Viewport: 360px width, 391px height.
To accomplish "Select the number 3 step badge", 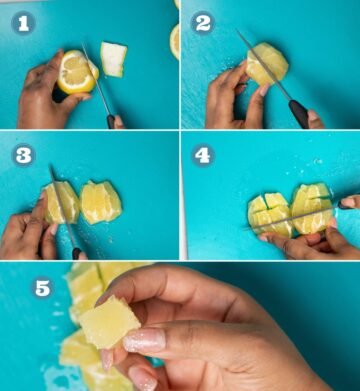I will pos(23,155).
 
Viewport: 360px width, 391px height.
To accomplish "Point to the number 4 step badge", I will pos(203,155).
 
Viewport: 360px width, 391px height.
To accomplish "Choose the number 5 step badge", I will pos(42,288).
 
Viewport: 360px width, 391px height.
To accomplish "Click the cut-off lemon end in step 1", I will pos(114,59).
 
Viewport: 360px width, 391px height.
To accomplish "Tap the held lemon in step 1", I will pos(76,72).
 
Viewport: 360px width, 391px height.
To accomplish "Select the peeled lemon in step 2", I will pos(267,65).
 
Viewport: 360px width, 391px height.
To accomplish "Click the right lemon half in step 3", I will pos(101,202).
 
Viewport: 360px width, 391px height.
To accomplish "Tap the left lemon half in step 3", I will pos(62,203).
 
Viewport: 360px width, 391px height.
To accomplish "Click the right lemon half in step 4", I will pos(311,207).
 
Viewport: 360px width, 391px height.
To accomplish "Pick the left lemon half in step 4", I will pos(271,215).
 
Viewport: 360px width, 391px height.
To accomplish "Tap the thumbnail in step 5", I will pos(144,341).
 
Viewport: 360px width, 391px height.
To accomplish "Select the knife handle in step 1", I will pos(110,120).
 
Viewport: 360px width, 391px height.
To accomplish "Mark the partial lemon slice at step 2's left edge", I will pos(175,40).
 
